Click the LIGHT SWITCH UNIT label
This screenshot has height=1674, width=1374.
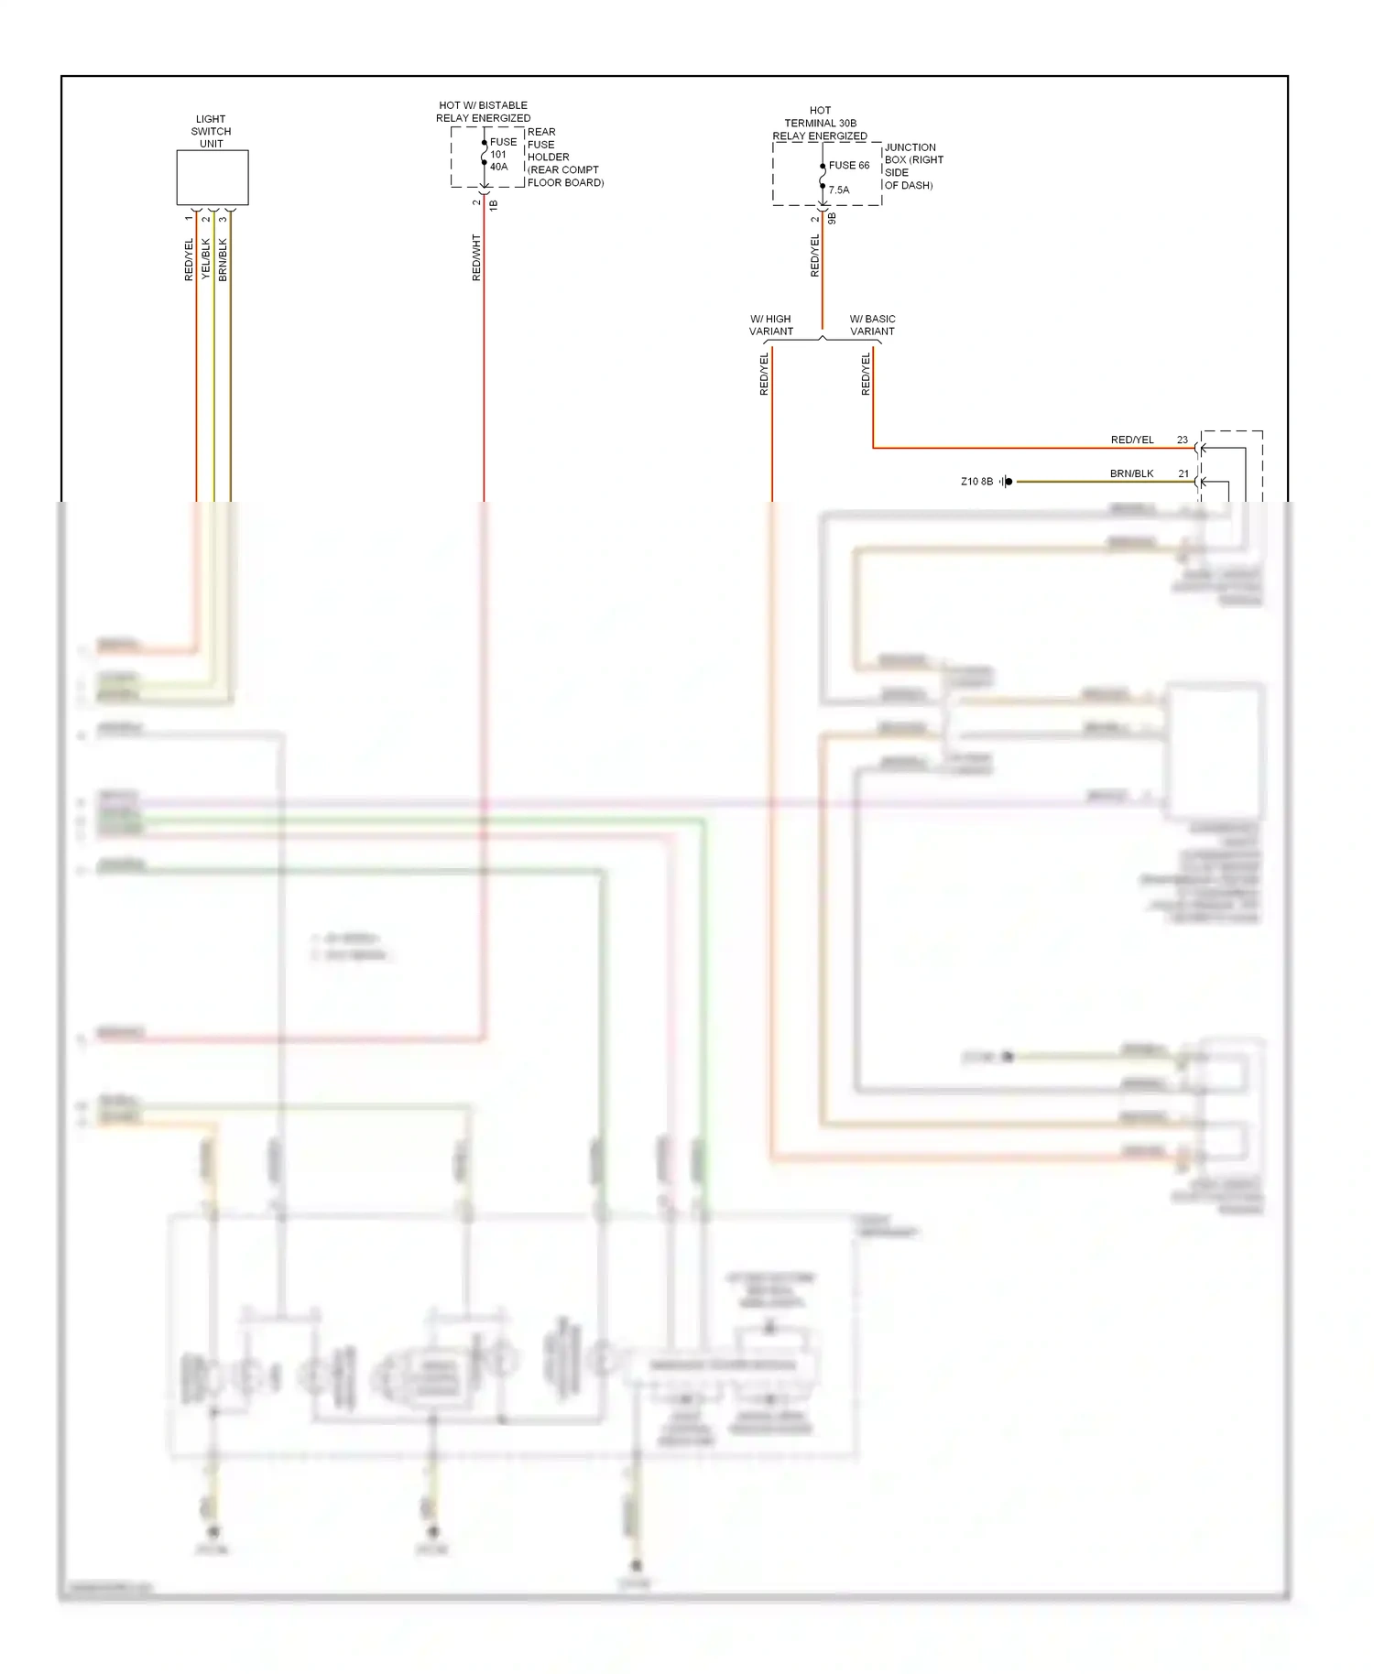coord(211,131)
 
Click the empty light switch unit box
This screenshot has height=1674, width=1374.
coord(213,178)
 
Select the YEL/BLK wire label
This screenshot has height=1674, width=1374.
coord(206,259)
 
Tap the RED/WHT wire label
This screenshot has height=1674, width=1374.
coord(476,257)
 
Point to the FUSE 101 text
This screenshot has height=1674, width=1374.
coord(503,147)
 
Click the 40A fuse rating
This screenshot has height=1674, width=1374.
coord(498,167)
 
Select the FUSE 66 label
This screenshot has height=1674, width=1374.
coord(849,166)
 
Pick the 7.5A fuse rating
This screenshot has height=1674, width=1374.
coord(839,190)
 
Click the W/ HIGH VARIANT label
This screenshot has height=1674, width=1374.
coord(770,325)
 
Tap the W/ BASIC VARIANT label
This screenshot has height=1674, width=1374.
coord(872,325)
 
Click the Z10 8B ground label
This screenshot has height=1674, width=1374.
coord(976,482)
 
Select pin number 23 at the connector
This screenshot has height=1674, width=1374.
coord(1183,440)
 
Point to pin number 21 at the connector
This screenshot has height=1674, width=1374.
coord(1183,474)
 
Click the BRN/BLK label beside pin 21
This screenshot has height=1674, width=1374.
coord(1131,474)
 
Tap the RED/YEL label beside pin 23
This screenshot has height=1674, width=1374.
coord(1132,440)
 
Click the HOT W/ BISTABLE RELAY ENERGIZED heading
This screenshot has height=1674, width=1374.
coord(483,112)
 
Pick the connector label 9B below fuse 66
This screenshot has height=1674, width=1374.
coord(832,219)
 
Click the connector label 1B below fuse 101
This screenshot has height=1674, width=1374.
coord(493,205)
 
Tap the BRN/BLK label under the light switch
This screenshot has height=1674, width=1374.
coord(223,259)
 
